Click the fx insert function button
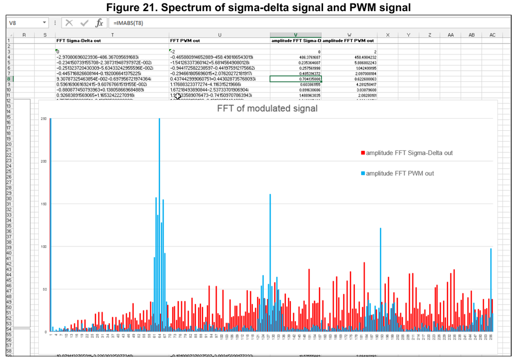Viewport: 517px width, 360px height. [x=99, y=23]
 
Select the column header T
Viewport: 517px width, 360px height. [x=112, y=34]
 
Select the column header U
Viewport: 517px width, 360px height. [x=219, y=34]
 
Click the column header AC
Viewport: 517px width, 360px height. [x=492, y=34]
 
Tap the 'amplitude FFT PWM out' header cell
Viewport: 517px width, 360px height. [x=348, y=40]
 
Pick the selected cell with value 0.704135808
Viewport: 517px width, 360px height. [x=295, y=79]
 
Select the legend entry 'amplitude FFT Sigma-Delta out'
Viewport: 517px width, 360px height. [x=409, y=152]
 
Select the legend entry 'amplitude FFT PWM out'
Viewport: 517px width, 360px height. [x=400, y=173]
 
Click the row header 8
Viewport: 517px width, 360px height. [x=9, y=79]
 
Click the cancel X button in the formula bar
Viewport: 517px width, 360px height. [x=69, y=23]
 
